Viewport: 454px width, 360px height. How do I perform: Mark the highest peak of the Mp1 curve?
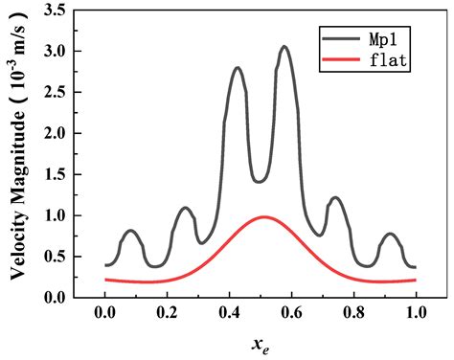(284, 47)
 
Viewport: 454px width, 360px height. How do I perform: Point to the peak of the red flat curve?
(264, 217)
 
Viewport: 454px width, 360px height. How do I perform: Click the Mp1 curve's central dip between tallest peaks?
(261, 181)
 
